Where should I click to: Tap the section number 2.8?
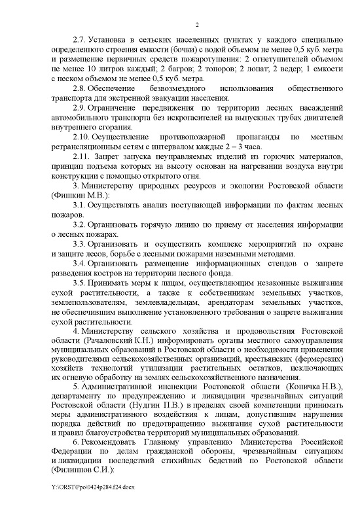point(79,88)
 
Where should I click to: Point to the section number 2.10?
point(81,137)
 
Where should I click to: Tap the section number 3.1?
point(79,205)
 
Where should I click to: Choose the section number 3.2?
point(79,225)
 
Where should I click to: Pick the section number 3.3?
point(79,244)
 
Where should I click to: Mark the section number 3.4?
point(79,264)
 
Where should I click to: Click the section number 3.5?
point(79,283)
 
